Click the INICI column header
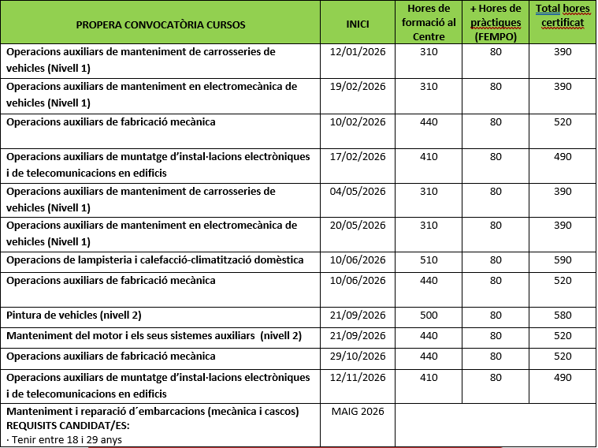coord(358,24)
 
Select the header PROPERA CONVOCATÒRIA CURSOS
coord(161,24)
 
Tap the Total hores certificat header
coord(563,17)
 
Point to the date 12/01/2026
coord(358,52)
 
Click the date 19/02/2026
coord(358,87)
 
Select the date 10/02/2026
coord(358,122)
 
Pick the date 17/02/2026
coord(358,157)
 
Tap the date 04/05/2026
coord(358,191)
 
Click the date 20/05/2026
coord(358,226)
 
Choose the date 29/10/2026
coord(358,357)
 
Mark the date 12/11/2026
coord(358,378)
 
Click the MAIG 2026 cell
coord(358,412)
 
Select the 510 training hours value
coord(429,260)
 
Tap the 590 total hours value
coord(563,260)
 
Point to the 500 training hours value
coord(429,315)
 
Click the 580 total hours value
coord(563,315)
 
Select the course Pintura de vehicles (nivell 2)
coord(74,315)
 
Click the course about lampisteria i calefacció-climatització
coord(155,260)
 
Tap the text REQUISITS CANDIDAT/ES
coord(68,426)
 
